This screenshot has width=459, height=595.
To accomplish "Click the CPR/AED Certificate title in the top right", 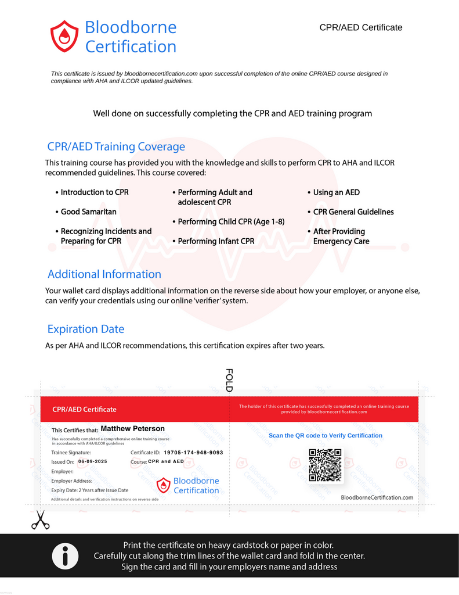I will pyautogui.click(x=360, y=27).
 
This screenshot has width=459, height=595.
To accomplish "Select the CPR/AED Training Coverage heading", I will pyautogui.click(x=116, y=146).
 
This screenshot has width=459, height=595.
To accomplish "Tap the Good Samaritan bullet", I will pyautogui.click(x=88, y=212).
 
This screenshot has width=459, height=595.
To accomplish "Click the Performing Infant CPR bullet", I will pyautogui.click(x=216, y=241).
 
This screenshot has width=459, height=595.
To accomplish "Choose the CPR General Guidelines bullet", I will pyautogui.click(x=353, y=212).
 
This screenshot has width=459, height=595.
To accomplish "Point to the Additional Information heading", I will pyautogui.click(x=104, y=274).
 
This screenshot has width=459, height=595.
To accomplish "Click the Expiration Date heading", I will pyautogui.click(x=86, y=329).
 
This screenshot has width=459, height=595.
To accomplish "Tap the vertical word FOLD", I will pyautogui.click(x=229, y=380).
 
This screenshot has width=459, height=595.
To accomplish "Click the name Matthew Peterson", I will pyautogui.click(x=133, y=429).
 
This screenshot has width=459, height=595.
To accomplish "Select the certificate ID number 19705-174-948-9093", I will pyautogui.click(x=193, y=452).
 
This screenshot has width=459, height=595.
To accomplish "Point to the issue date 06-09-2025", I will pyautogui.click(x=93, y=461).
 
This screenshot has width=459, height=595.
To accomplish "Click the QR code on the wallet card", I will pyautogui.click(x=325, y=465).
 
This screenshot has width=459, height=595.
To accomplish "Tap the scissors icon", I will pyautogui.click(x=40, y=519).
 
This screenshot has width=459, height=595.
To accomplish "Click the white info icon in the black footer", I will pyautogui.click(x=65, y=557).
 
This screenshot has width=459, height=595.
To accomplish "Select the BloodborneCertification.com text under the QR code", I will pyautogui.click(x=377, y=497).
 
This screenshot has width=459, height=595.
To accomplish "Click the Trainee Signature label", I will pyautogui.click(x=71, y=452).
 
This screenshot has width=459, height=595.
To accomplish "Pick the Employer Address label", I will pyautogui.click(x=72, y=481).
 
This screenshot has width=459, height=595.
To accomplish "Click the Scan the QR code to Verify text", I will pyautogui.click(x=326, y=435).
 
